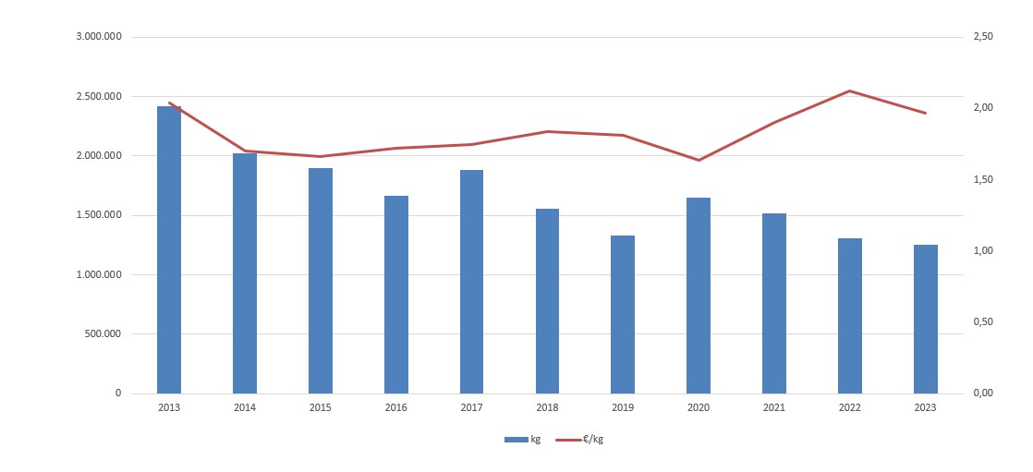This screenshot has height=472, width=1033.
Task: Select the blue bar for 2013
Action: [169, 249]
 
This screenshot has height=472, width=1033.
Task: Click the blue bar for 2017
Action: [471, 282]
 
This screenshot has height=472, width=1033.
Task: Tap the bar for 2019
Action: [623, 314]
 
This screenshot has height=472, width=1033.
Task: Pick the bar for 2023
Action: [925, 319]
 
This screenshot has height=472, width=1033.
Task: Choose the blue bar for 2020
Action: [699, 296]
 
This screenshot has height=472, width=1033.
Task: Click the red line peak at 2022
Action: [849, 91]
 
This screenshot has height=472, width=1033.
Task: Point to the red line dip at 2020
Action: [699, 160]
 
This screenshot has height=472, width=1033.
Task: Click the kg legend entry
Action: [523, 440]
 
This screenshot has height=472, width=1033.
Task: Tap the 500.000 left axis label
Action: [104, 333]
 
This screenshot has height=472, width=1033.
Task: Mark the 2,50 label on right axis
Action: [983, 37]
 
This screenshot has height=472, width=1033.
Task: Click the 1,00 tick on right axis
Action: [983, 251]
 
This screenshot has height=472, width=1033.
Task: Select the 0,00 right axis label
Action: [983, 393]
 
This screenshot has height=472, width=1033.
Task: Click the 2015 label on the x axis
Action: [321, 407]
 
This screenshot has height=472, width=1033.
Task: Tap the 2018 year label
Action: [547, 407]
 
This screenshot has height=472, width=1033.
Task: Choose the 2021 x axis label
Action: [773, 407]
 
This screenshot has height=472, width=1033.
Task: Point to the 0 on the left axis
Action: [117, 393]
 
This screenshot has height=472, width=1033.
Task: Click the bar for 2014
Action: [245, 273]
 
